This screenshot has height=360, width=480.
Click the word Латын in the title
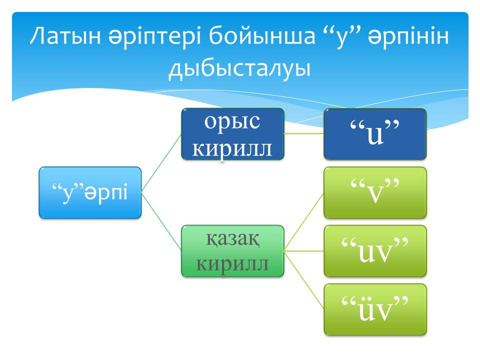pyautogui.click(x=65, y=36)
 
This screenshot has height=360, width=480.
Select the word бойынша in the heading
pyautogui.click(x=262, y=36)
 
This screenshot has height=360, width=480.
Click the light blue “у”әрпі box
pyautogui.click(x=90, y=192)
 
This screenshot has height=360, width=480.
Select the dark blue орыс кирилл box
pyautogui.click(x=232, y=134)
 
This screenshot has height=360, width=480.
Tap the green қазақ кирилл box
pyautogui.click(x=232, y=251)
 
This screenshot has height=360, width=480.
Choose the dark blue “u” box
pyautogui.click(x=375, y=134)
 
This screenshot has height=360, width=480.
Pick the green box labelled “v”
pyautogui.click(x=375, y=192)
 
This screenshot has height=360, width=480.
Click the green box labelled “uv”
pyautogui.click(x=375, y=251)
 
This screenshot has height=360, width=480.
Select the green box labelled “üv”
pyautogui.click(x=375, y=309)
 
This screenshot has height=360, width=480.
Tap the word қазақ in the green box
pyautogui.click(x=232, y=239)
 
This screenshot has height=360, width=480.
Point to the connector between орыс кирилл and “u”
pyautogui.click(x=304, y=133)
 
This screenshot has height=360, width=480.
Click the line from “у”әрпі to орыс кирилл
pyautogui.click(x=161, y=163)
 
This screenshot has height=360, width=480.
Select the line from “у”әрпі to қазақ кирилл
pyautogui.click(x=161, y=222)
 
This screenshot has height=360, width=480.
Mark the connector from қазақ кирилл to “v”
pyautogui.click(x=304, y=222)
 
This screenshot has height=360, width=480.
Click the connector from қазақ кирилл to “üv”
pyautogui.click(x=304, y=280)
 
